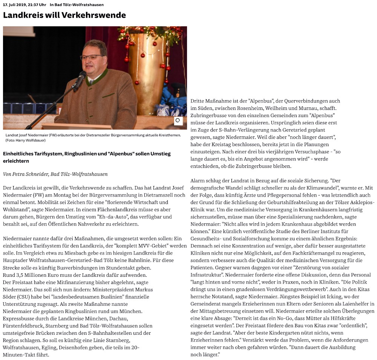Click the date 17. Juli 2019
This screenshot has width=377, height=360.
click(14, 5)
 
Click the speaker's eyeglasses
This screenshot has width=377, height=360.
click(91, 57)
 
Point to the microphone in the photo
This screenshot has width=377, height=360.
click(80, 80)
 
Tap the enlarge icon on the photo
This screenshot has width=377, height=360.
click(178, 121)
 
